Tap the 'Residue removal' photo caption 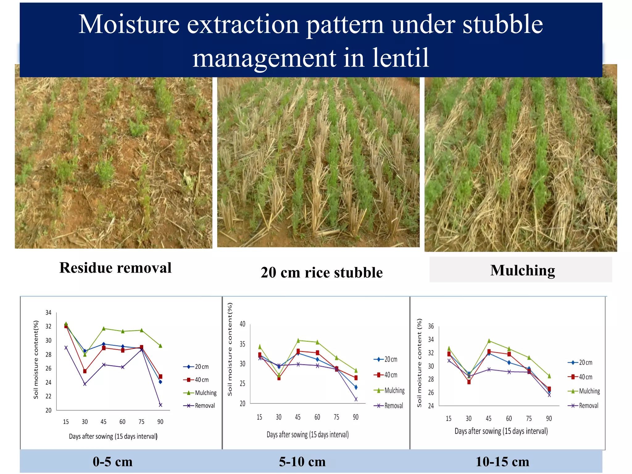point(115,268)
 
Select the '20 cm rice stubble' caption point(322,273)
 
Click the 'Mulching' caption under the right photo point(522,270)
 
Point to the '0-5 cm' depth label point(113,462)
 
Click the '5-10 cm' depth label point(302,462)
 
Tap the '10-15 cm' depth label point(502,462)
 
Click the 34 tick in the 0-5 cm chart point(48,313)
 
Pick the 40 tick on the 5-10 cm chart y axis point(243,324)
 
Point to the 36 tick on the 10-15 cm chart point(431,326)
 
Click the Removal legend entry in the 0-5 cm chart point(200,405)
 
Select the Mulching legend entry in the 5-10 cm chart point(389,390)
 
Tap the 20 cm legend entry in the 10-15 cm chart point(580,363)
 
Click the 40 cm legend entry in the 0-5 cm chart point(197,380)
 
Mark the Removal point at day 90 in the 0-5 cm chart point(160,405)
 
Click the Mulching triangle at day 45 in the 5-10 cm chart point(298,341)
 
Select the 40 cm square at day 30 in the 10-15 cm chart point(469,382)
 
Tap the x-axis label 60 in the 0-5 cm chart point(123,422)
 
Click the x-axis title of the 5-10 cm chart point(308,434)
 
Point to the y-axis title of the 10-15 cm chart point(419,363)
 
